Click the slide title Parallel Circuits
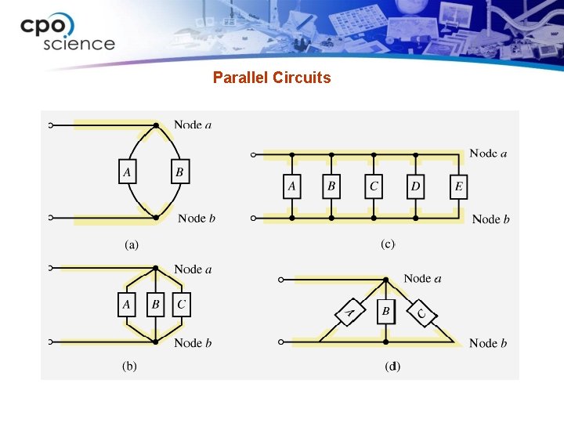coord(272,78)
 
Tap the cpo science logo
coord(67,32)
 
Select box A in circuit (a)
coord(125,172)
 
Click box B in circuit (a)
coord(179,172)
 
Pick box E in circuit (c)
coord(458,186)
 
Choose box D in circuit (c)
coord(415,186)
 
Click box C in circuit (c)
coord(374,186)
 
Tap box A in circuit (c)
coord(291,186)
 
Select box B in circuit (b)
coord(156,305)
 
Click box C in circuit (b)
coord(181,305)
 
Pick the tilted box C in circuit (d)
coord(422,314)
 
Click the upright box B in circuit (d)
coord(385,312)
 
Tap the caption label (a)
coord(132,244)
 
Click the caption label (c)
coord(388,244)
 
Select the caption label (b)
coord(129,367)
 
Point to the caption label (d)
coord(392,366)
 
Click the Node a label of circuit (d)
coord(422,278)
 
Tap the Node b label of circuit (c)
coord(490,219)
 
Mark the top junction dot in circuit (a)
coord(157,125)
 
